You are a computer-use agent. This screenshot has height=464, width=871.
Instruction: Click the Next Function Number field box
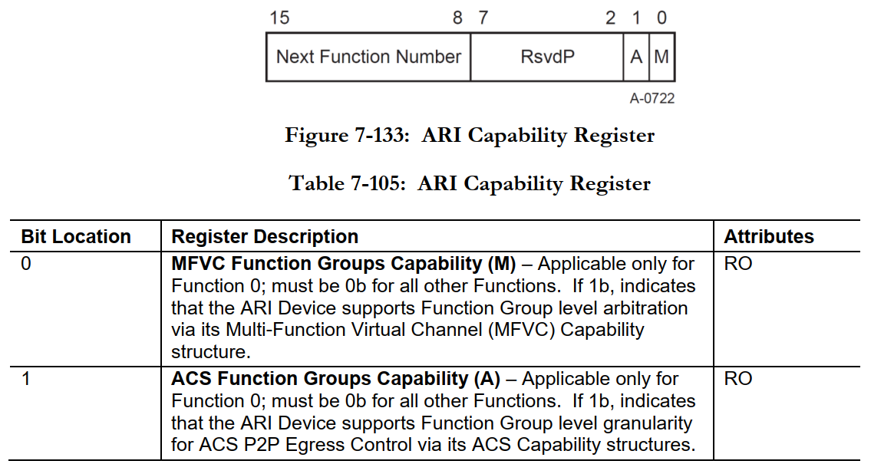tap(368, 57)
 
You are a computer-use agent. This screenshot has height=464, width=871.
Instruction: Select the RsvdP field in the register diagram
tap(547, 57)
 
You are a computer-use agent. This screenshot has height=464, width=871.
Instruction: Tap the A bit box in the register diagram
tap(636, 57)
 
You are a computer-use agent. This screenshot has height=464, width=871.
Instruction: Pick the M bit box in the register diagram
tap(661, 57)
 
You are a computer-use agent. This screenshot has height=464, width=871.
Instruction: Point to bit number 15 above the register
tap(279, 18)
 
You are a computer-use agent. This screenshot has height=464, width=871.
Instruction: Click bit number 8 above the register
tap(457, 18)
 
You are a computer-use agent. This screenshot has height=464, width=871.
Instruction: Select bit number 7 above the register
tap(483, 18)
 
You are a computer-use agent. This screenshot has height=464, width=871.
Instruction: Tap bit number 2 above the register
tap(611, 18)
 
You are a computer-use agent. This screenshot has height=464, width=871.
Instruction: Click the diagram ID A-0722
tap(652, 98)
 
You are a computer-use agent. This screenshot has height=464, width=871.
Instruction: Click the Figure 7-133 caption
tap(470, 136)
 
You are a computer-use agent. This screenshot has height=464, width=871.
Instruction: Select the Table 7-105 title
tap(470, 184)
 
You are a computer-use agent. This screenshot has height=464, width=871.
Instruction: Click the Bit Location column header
tap(76, 236)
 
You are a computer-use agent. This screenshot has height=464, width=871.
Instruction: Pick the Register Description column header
tap(265, 236)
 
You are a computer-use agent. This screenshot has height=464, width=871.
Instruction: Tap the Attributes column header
tap(769, 236)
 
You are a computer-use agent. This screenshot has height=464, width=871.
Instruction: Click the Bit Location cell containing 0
tap(26, 264)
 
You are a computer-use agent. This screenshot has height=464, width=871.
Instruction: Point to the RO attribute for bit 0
tap(738, 264)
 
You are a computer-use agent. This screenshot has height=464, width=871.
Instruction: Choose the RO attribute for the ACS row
tap(738, 379)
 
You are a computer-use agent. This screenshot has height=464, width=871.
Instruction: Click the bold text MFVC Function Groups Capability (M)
tap(344, 264)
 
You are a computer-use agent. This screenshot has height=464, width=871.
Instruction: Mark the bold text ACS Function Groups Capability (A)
tap(335, 379)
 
